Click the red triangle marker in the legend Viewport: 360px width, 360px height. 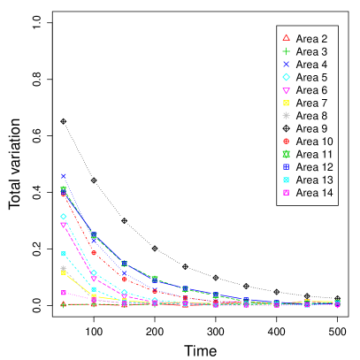286,37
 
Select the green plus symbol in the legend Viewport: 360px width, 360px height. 286,51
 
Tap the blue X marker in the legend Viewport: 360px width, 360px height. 286,65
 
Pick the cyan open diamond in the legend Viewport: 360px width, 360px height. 286,77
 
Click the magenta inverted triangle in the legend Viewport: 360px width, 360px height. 286,91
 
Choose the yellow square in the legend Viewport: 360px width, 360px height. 286,103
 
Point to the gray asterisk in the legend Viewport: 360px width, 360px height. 286,115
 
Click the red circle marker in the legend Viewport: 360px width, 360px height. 286,142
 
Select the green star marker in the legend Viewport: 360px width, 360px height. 286,154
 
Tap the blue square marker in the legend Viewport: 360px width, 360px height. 286,166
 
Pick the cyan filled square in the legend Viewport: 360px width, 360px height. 286,180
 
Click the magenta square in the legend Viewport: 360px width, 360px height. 286,192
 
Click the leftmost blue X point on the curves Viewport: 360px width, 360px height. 64,176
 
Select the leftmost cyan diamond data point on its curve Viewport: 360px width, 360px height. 64,216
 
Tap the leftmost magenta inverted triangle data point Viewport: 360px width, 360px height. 64,225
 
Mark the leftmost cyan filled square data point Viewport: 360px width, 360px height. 64,254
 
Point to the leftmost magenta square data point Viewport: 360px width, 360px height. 64,293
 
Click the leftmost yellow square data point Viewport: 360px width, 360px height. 64,272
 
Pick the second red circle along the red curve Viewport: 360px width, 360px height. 94,253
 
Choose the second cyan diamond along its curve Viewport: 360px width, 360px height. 94,273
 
